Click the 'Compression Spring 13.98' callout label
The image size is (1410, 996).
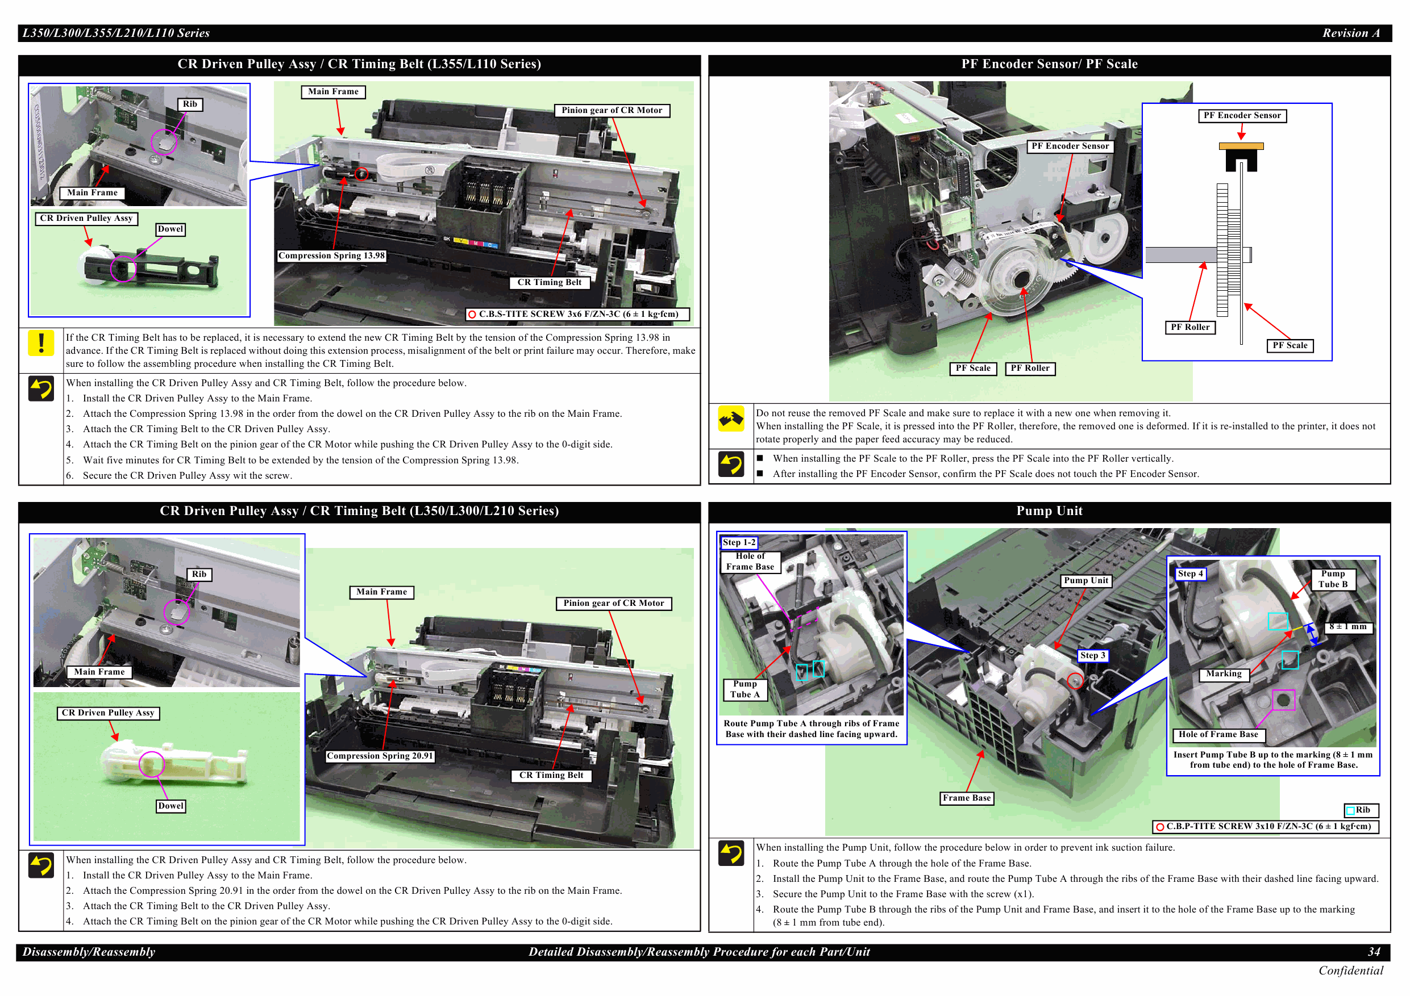pyautogui.click(x=332, y=256)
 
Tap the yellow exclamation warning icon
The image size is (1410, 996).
pyautogui.click(x=41, y=342)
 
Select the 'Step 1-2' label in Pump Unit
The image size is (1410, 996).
pyautogui.click(x=739, y=542)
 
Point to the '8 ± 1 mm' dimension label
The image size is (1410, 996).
pyautogui.click(x=1347, y=626)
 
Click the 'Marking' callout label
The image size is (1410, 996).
pyautogui.click(x=1224, y=674)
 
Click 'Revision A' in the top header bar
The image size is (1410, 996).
pyautogui.click(x=1350, y=33)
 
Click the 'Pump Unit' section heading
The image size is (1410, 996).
pyautogui.click(x=1049, y=511)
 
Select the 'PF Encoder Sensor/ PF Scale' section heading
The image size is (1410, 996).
pyautogui.click(x=1049, y=64)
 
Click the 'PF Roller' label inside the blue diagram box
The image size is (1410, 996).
pyautogui.click(x=1189, y=328)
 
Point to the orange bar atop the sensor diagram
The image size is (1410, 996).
pyautogui.click(x=1241, y=146)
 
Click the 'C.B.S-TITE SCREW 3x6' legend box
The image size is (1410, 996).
pyautogui.click(x=577, y=314)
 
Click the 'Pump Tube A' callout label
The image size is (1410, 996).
pyautogui.click(x=745, y=689)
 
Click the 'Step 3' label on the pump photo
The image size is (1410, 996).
pyautogui.click(x=1092, y=655)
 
